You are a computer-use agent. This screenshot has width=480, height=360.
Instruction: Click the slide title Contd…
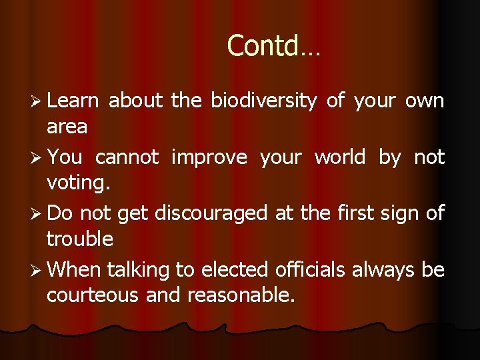273,46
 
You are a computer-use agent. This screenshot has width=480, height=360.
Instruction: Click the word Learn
73,101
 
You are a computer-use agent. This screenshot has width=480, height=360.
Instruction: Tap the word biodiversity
263,101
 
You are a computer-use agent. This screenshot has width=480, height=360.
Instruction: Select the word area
67,126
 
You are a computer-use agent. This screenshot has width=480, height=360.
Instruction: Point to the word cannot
127,157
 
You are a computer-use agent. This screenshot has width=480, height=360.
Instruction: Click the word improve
209,157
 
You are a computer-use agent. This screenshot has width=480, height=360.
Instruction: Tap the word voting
75,183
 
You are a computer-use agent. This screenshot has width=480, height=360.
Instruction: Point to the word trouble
80,239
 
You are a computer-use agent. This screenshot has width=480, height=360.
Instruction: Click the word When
75,269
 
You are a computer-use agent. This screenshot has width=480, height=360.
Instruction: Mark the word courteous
93,295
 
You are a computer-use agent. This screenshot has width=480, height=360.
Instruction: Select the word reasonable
241,295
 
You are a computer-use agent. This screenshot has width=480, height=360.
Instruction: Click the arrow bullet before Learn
37,101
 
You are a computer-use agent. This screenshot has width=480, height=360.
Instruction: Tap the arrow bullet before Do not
37,214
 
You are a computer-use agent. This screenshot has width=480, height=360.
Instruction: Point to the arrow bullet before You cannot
37,158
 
